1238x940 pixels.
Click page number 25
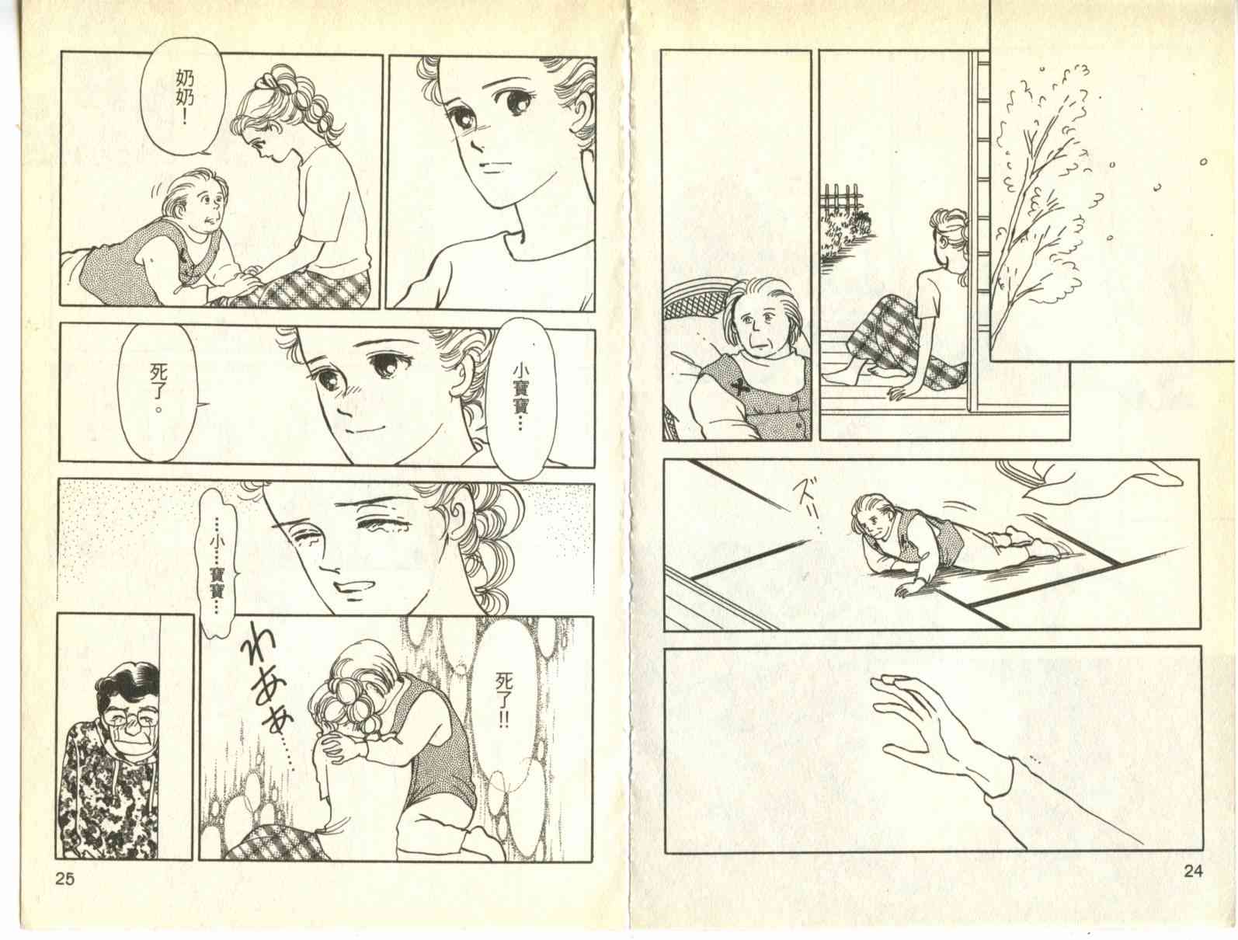65,878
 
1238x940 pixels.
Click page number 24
1193,871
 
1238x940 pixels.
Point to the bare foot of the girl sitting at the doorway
840,378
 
